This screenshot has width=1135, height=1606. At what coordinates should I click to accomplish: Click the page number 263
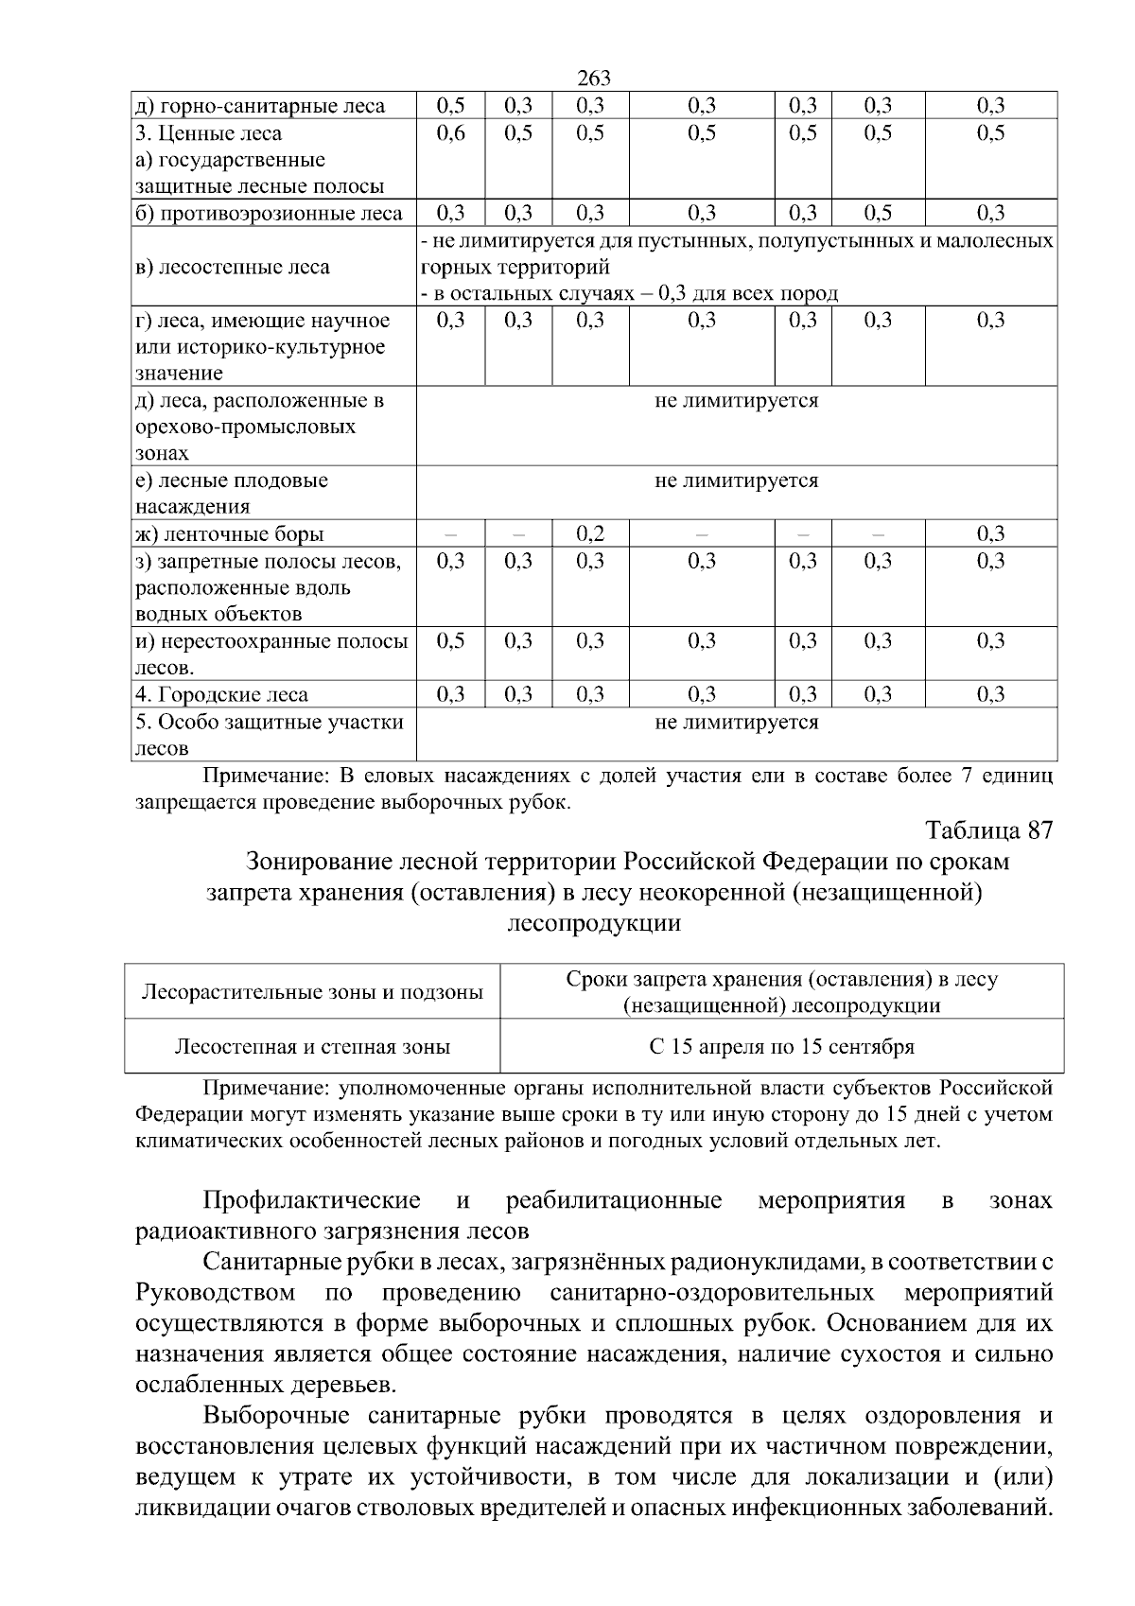click(593, 79)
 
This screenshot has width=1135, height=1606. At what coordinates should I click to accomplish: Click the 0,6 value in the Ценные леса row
click(451, 133)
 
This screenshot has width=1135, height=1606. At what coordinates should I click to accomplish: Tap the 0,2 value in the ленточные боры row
click(590, 533)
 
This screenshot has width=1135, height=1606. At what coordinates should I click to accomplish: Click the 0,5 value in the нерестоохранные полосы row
click(451, 641)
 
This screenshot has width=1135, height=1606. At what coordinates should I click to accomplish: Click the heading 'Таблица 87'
click(988, 830)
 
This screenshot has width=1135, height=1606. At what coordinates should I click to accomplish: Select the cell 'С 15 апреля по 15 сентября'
click(781, 1047)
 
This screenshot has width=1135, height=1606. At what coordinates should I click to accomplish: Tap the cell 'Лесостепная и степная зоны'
click(312, 1047)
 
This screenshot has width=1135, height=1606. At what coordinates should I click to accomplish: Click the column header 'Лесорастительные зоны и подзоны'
click(312, 992)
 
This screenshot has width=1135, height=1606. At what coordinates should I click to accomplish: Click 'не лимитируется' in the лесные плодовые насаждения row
click(736, 480)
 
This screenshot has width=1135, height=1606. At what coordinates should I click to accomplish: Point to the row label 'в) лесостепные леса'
click(233, 268)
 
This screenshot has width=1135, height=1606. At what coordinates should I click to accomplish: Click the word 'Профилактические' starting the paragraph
click(312, 1201)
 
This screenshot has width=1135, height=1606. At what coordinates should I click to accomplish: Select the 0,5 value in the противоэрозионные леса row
click(878, 214)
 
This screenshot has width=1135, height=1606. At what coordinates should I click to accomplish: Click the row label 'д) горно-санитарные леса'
click(260, 106)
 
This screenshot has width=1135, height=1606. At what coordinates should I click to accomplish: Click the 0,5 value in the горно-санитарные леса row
click(451, 106)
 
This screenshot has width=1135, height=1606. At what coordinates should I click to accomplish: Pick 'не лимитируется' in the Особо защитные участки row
click(736, 723)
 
